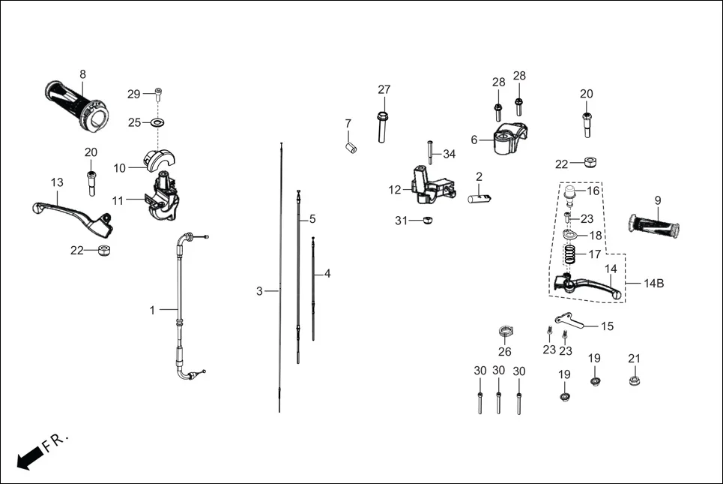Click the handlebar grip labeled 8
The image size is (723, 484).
77,104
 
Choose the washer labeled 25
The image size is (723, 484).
158,122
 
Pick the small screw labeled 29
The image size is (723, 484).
158,94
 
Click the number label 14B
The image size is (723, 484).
654,283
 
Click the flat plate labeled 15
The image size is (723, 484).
569,321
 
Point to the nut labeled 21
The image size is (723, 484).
635,380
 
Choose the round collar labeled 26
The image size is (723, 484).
506,332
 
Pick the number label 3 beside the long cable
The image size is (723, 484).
259,291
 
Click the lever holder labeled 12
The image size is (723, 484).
427,186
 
